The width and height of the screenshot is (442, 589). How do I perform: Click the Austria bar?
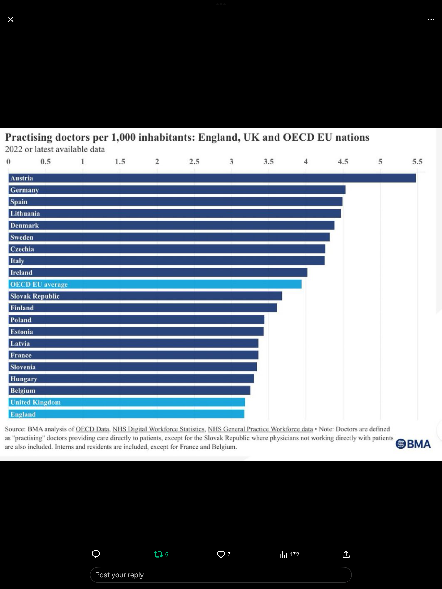click(x=212, y=178)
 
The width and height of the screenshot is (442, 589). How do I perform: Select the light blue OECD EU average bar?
click(x=155, y=284)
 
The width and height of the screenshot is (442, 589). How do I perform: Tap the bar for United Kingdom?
click(x=127, y=402)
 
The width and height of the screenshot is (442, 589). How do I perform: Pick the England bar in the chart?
click(x=126, y=414)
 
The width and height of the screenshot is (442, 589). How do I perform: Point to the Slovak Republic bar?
click(x=145, y=296)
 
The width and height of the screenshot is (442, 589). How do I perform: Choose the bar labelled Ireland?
click(x=158, y=272)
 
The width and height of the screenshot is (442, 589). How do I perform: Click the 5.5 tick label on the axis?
click(x=417, y=162)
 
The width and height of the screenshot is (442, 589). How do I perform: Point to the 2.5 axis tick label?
click(x=194, y=162)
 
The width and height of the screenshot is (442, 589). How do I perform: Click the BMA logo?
click(x=413, y=444)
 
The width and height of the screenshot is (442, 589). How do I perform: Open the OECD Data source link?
click(x=92, y=429)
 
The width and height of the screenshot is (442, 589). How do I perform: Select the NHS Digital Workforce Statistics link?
click(x=158, y=429)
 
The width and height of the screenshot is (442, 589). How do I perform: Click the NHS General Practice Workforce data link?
click(x=260, y=429)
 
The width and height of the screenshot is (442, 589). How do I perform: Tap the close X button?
click(x=11, y=19)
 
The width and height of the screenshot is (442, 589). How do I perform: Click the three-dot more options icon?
click(x=431, y=19)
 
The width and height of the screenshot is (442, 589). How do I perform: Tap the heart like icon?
click(x=221, y=554)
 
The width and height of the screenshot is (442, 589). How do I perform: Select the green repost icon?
click(x=158, y=554)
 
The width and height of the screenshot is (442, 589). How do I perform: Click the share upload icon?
click(x=346, y=554)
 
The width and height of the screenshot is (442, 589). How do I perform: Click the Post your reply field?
click(x=221, y=575)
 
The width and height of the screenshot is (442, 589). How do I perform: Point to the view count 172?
click(x=294, y=554)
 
